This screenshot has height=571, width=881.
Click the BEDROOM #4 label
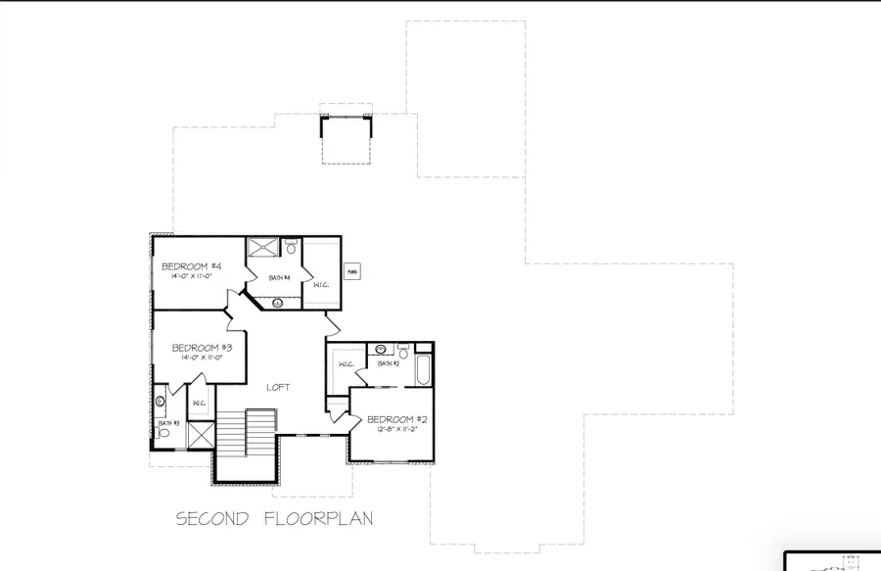point(192,267)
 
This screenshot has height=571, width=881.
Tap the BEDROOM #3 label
point(202,348)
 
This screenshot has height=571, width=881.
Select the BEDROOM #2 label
point(397,420)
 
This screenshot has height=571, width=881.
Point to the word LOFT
point(280,388)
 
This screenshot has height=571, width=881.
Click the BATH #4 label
point(281,278)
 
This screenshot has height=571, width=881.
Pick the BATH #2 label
point(390,363)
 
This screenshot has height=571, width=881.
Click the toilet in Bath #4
point(291,246)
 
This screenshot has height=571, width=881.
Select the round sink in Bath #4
point(279,303)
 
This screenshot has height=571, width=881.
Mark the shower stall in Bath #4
point(262,247)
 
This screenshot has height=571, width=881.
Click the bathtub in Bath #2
point(422,370)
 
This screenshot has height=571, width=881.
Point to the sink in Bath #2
point(380,349)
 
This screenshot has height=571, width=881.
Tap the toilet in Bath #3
point(163,432)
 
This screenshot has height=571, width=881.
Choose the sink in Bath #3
point(161,401)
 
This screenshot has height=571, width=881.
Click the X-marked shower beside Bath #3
point(200,434)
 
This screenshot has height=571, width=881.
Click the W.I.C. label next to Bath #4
point(320,285)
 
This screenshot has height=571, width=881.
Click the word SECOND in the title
point(209,518)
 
